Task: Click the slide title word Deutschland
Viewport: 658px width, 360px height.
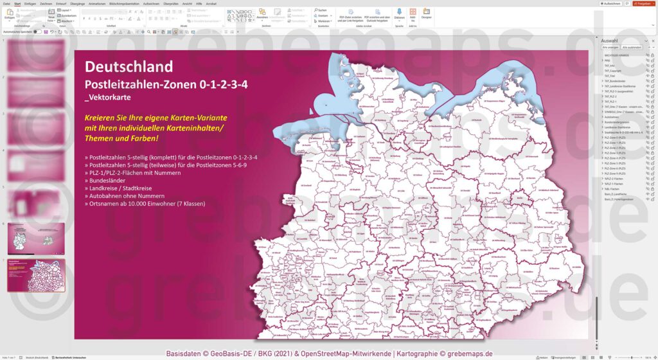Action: coord(129,67)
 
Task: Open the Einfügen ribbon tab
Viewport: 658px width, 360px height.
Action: coord(30,4)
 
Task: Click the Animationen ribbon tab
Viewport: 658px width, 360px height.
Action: coord(98,4)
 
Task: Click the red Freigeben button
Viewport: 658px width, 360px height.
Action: coord(643,4)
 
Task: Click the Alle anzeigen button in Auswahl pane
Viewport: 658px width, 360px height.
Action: coord(610,47)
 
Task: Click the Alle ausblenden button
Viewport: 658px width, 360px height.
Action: coord(631,47)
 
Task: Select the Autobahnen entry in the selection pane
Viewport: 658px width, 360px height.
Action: coord(612,117)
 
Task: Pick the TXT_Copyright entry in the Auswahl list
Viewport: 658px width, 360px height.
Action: coord(614,71)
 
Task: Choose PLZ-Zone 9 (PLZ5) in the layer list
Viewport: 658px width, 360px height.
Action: coord(616,174)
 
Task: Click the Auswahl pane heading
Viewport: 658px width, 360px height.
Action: coord(608,39)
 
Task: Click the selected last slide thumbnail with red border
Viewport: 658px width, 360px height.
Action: coord(36,275)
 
